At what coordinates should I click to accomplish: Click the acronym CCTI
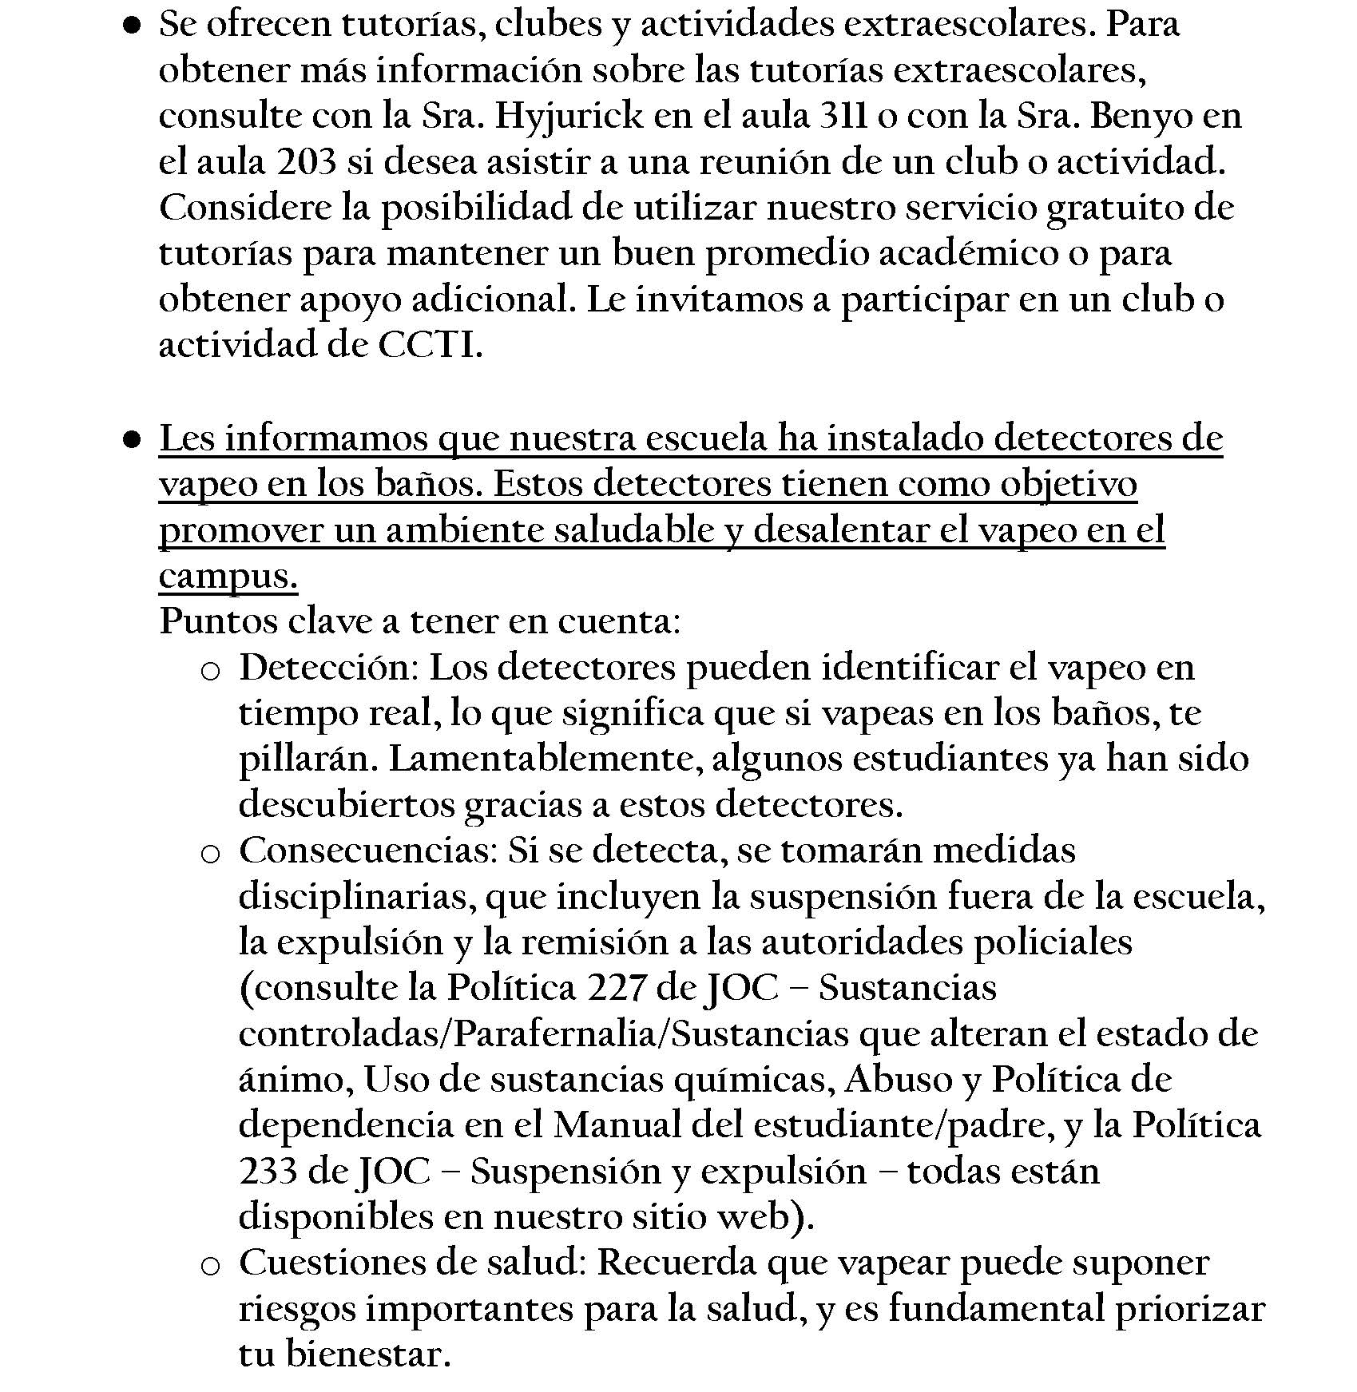tap(428, 346)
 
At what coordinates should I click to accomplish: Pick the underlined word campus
tap(228, 577)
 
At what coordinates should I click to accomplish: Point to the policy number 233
tap(268, 1172)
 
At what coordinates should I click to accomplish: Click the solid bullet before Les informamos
tap(133, 439)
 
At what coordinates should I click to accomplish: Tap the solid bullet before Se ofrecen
tap(133, 26)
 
